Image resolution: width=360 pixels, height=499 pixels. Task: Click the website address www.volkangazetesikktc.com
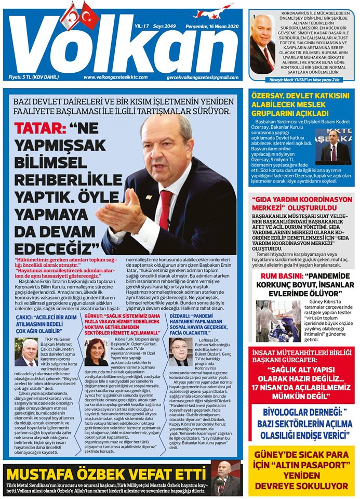click(x=115, y=77)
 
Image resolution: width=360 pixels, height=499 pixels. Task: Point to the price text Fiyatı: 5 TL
click(x=31, y=77)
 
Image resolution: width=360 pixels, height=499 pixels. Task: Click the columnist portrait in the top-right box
click(x=263, y=43)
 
